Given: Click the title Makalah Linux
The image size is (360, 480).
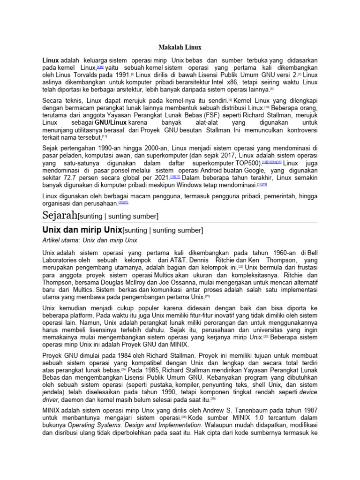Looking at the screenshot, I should coord(180,47).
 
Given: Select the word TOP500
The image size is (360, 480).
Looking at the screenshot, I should coord(249,162).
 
